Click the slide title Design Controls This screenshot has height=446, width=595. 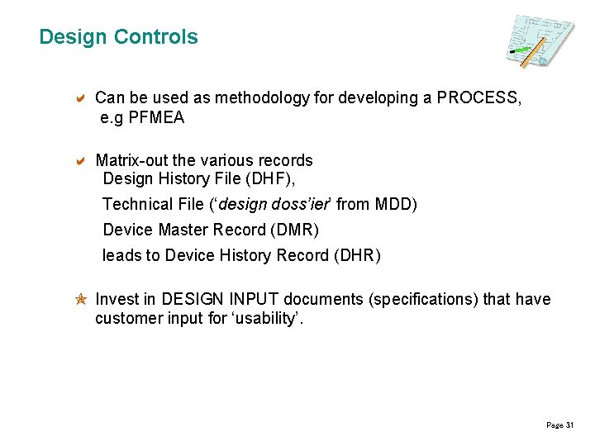[118, 37]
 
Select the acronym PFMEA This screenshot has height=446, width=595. [156, 117]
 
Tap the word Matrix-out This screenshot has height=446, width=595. [130, 160]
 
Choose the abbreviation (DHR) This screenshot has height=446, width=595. [357, 255]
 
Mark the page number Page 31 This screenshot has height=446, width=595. [559, 425]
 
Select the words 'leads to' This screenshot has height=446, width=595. [131, 255]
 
